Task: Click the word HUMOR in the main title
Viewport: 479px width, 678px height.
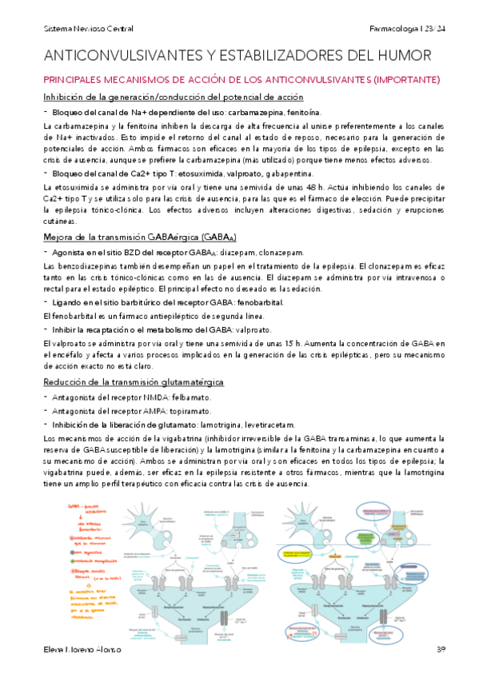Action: pos(401,55)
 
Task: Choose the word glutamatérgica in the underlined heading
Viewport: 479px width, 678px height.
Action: pos(187,382)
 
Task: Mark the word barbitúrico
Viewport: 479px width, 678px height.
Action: pos(137,301)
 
